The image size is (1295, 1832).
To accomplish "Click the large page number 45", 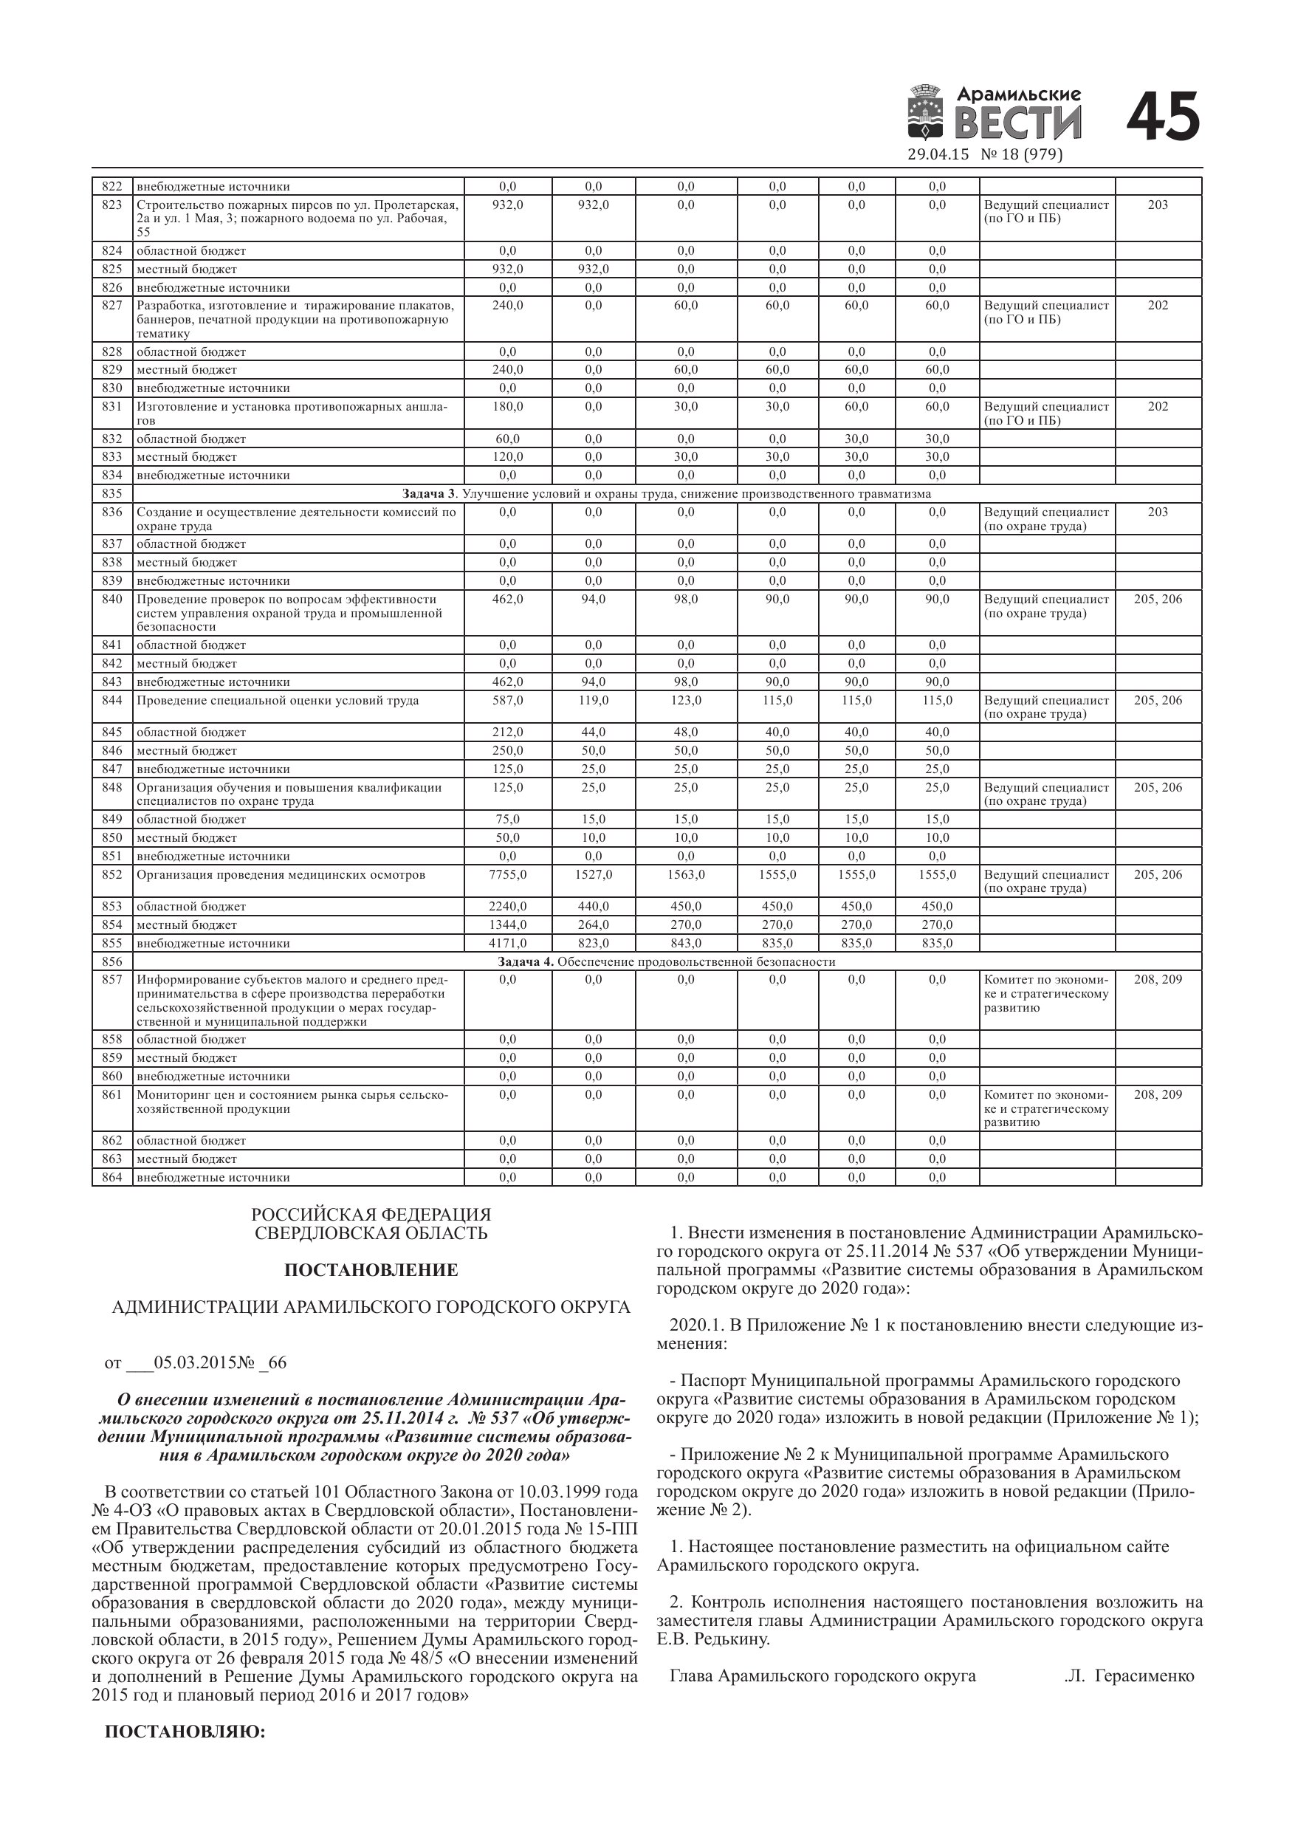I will (1164, 117).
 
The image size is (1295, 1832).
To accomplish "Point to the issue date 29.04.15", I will (938, 155).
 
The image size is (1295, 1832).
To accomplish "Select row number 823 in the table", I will (111, 205).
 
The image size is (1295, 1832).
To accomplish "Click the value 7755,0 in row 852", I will (507, 874).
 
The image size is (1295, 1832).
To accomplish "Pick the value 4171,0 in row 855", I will (507, 943).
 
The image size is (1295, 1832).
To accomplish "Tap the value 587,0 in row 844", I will (507, 701).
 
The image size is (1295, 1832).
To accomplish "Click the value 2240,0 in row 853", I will (507, 907).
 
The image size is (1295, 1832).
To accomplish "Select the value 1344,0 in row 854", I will (507, 924).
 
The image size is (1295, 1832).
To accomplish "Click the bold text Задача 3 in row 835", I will (431, 494).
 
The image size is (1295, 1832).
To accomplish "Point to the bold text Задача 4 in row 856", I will (525, 961).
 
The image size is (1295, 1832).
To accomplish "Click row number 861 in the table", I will (111, 1095).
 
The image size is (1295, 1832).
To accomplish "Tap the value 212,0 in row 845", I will (507, 733).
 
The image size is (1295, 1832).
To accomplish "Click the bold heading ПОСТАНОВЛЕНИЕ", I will (371, 1269).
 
